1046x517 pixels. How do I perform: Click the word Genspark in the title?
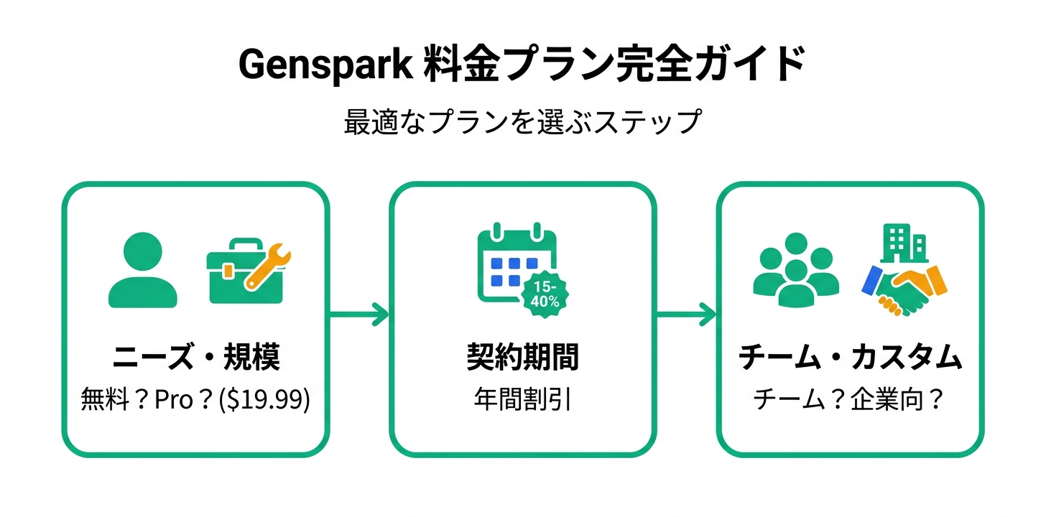tap(324, 66)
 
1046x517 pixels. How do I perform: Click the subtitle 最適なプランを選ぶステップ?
tap(522, 121)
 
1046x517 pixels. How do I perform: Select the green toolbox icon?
tap(237, 276)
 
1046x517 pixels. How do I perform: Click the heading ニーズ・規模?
tap(195, 357)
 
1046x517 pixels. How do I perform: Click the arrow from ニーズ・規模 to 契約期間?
tap(358, 314)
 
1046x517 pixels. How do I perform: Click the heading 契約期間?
tap(522, 357)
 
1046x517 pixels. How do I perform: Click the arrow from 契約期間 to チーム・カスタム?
tap(686, 314)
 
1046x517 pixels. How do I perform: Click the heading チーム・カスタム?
tap(850, 357)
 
